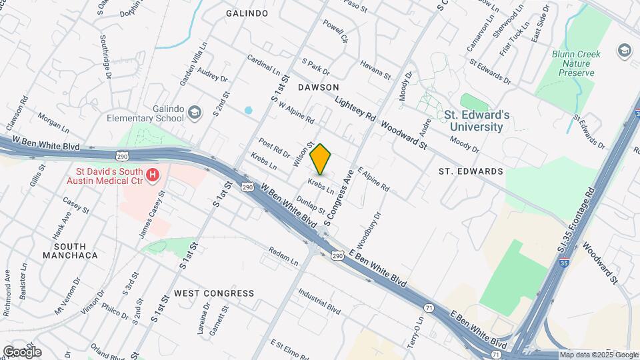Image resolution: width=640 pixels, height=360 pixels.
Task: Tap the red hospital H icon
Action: (153, 176)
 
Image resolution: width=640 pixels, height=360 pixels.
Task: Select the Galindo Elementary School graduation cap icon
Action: (194, 112)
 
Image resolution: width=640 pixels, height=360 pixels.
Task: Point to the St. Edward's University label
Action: (477, 121)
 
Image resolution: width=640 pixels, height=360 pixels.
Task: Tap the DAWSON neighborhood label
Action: (319, 87)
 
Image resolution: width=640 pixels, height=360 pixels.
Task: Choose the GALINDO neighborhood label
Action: (247, 13)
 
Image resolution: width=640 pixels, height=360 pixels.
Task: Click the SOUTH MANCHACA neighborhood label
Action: (70, 249)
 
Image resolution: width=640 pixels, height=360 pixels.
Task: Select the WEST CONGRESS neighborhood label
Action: (214, 293)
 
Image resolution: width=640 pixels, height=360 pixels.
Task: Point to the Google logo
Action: (22, 351)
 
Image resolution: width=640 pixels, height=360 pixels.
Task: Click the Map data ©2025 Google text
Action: (597, 355)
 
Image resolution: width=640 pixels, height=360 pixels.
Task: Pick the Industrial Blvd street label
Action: (319, 302)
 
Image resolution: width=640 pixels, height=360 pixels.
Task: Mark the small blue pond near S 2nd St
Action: (249, 110)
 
